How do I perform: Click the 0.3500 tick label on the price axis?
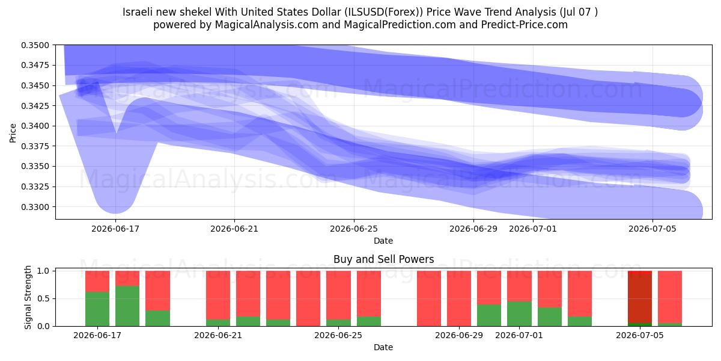pos(35,45)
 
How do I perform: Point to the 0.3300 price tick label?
pos(35,207)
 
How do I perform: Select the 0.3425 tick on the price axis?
pos(35,106)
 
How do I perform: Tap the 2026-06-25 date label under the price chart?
pos(354,229)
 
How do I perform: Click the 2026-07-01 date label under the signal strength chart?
pos(519,335)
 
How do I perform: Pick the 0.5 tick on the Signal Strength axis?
pos(43,299)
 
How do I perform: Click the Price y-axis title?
pos(13,133)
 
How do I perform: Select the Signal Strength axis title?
pos(28,297)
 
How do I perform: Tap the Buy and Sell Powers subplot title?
pos(383,259)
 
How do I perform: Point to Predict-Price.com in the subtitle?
pos(525,25)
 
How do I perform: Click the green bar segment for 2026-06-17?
pos(97,309)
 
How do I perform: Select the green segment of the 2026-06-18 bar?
pos(127,306)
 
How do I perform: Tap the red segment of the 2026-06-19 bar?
pos(157,291)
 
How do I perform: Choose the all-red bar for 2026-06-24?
pos(308,298)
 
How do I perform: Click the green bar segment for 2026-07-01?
pos(519,314)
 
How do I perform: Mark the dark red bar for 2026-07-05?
pos(640,297)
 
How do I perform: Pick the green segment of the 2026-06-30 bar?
pos(489,315)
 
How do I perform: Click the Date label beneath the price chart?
pos(383,241)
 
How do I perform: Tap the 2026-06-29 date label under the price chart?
pos(473,229)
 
